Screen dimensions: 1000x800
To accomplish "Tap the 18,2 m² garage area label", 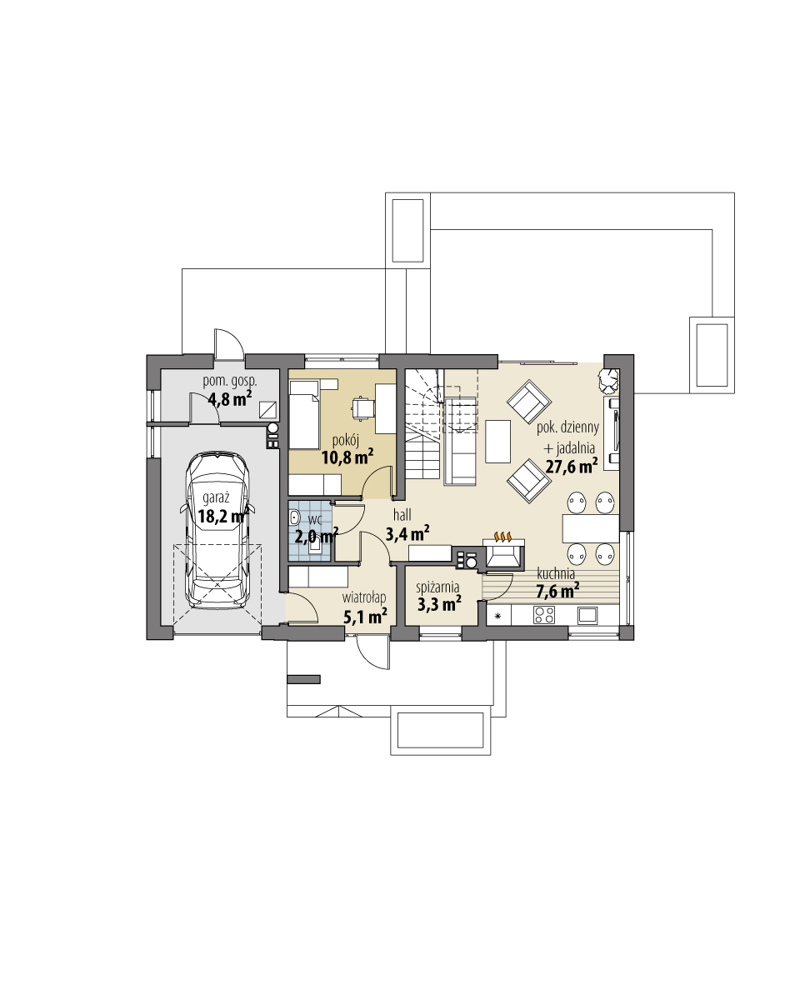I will click(222, 516).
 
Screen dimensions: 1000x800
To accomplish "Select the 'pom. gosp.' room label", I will click(230, 381).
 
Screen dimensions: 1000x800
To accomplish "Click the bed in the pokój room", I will click(303, 414).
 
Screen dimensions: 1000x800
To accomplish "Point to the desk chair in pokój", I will click(360, 407).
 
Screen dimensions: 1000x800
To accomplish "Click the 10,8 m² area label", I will click(347, 456).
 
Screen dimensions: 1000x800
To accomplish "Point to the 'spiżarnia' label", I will click(438, 587).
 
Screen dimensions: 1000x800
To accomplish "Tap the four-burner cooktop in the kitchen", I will click(544, 616).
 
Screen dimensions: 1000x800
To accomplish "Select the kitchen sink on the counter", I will click(587, 616).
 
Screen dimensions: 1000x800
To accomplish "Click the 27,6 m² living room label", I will click(570, 467).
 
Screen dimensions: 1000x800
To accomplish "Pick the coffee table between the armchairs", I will click(498, 441).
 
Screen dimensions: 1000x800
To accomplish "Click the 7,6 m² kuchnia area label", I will click(557, 591).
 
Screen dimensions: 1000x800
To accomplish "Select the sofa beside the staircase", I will click(460, 440).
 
